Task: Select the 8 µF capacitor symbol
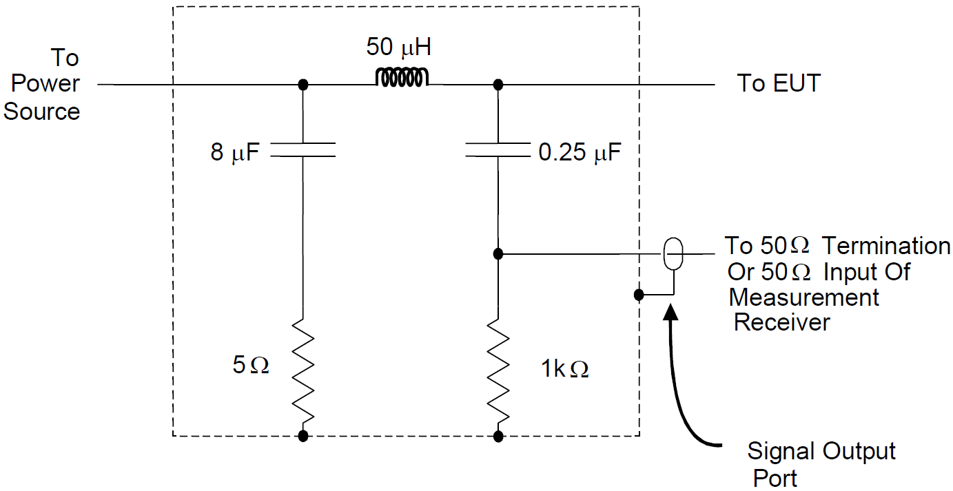pos(303,150)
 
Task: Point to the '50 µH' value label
pos(398,48)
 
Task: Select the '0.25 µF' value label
pos(580,152)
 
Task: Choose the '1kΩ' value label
pos(565,369)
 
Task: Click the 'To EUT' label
pos(779,83)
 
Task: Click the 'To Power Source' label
pos(43,84)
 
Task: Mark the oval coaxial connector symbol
pos(673,254)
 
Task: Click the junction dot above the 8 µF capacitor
pos(303,85)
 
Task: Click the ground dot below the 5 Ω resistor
pos(303,436)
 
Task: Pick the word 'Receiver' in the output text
pos(781,322)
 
